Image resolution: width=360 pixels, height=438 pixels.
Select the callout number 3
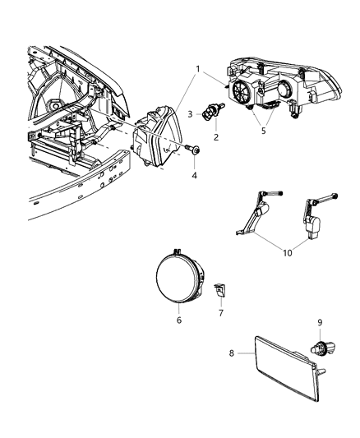[189, 113]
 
